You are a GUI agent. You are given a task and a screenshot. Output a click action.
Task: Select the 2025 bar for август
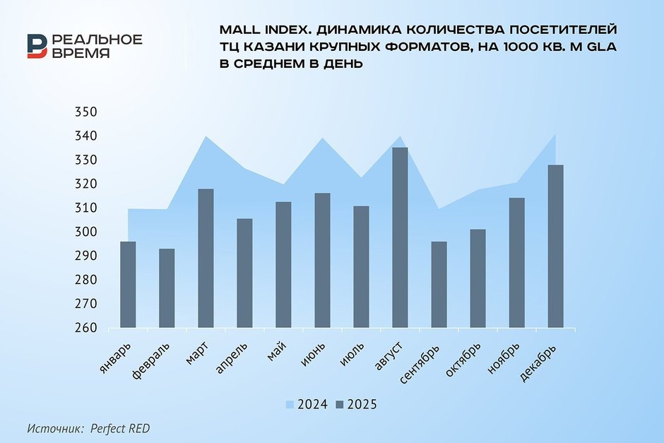[401, 237]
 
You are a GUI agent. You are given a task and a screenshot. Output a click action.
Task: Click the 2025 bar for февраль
[167, 288]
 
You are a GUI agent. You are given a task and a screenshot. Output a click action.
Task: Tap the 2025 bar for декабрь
[555, 246]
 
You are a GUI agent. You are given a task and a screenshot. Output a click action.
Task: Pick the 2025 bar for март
[206, 258]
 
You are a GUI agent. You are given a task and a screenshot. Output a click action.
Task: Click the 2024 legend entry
[305, 405]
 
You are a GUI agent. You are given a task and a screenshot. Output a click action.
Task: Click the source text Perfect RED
[119, 428]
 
